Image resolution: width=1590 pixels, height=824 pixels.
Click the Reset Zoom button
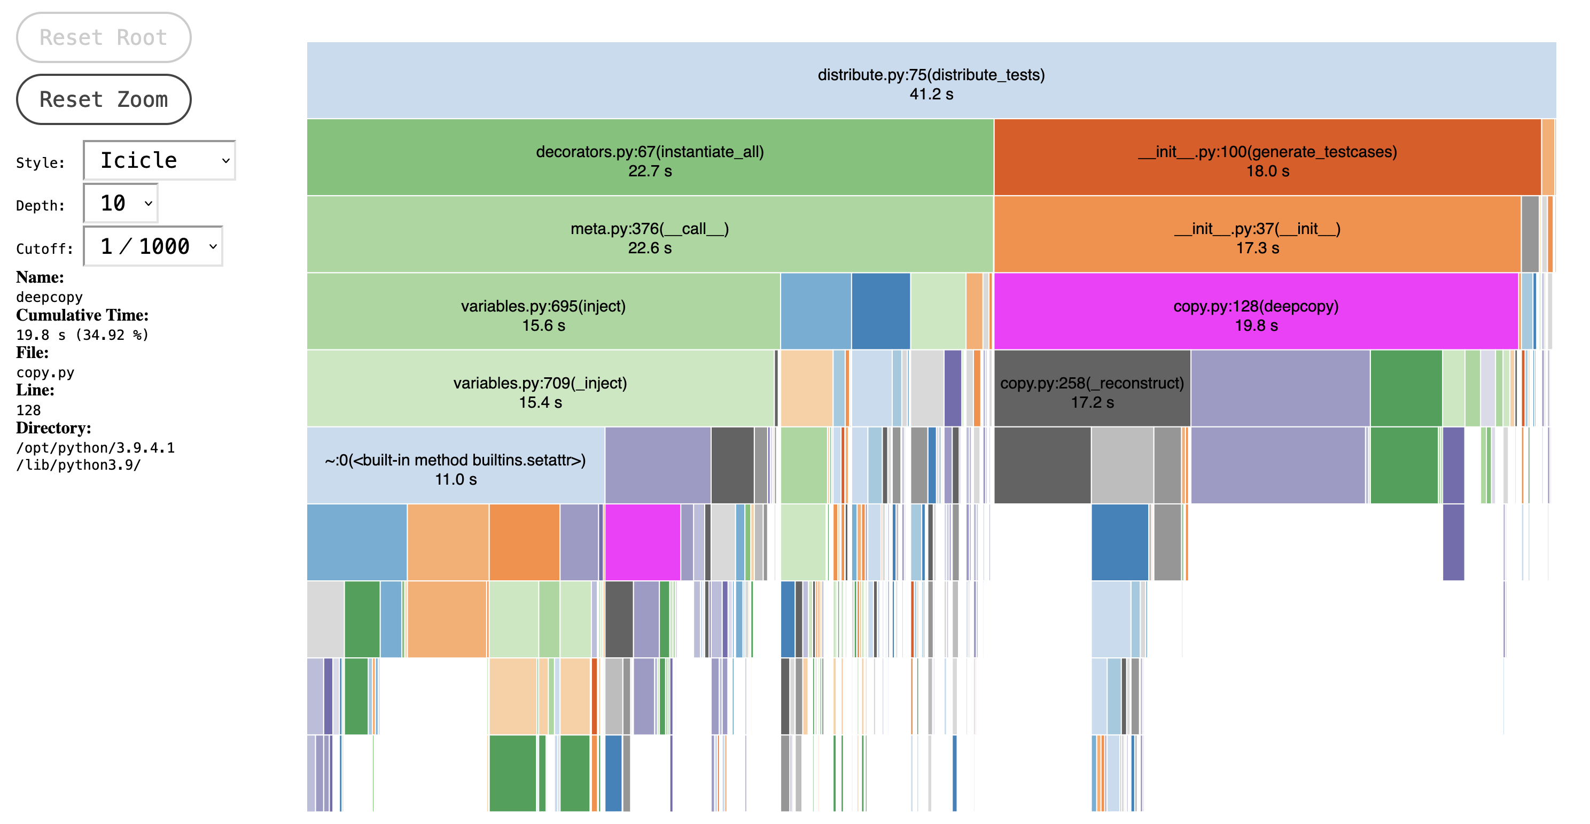coord(103,99)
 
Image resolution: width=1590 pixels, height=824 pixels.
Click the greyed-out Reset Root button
coord(103,37)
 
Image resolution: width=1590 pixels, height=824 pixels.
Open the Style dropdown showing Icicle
coord(159,160)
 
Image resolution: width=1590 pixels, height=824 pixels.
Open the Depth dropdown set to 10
coord(121,203)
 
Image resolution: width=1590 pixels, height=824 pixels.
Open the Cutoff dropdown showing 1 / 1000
coord(153,246)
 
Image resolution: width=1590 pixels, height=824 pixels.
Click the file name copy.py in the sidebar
coord(45,373)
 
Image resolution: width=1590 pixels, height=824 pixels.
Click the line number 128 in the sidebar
coord(28,410)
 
